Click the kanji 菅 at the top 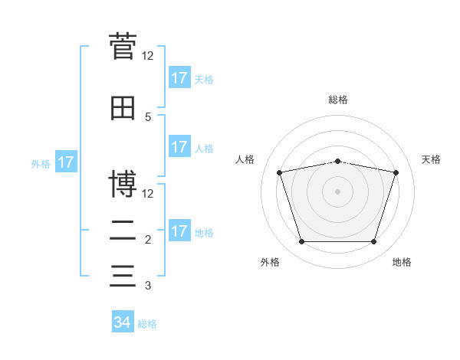click(x=123, y=46)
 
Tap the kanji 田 click(x=123, y=108)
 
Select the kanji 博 click(x=123, y=184)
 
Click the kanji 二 click(x=123, y=231)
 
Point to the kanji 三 click(x=123, y=276)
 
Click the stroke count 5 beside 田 click(x=148, y=117)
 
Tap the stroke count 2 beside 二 click(x=148, y=240)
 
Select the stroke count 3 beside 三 click(x=148, y=285)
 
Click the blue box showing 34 click(x=123, y=321)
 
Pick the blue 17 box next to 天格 click(x=180, y=77)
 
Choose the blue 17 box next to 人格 click(x=180, y=146)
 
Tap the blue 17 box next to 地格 click(x=180, y=230)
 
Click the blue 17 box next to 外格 click(x=66, y=162)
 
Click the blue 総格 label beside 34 click(x=147, y=324)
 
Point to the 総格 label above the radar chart click(x=338, y=100)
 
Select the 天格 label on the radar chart click(x=431, y=159)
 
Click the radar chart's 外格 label click(x=270, y=262)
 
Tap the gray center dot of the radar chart click(x=337, y=191)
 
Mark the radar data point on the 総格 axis click(x=337, y=162)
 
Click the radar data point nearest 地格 click(x=373, y=241)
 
